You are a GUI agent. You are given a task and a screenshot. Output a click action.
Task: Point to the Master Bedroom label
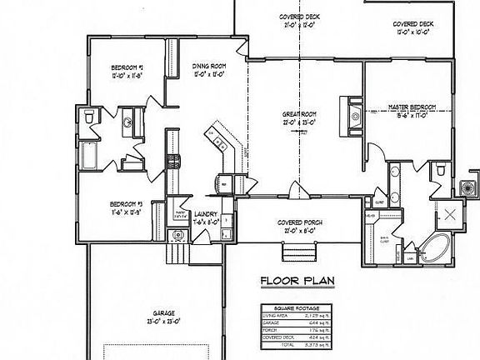(413, 107)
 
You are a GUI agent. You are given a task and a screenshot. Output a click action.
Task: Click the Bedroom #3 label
(127, 203)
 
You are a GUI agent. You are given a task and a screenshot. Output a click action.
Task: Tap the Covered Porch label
(300, 222)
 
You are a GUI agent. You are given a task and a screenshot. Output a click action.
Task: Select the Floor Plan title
(297, 281)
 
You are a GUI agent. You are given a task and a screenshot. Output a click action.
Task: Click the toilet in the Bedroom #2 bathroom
(89, 121)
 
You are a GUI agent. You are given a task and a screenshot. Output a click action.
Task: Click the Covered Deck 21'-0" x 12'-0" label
(300, 20)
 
